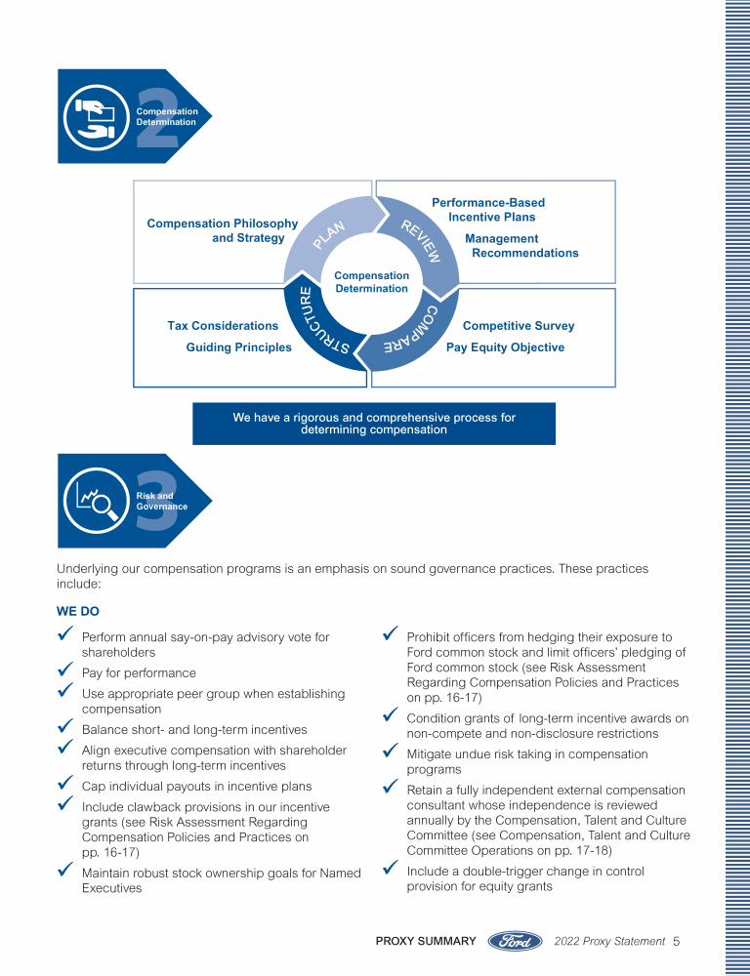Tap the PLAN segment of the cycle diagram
(329, 234)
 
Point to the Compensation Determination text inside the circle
(371, 282)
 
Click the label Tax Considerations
(223, 326)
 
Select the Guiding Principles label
(238, 347)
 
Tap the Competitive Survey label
(518, 326)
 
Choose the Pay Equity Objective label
(505, 347)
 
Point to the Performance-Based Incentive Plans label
(488, 210)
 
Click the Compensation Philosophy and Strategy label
(223, 231)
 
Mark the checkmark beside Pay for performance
(66, 671)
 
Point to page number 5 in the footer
(676, 942)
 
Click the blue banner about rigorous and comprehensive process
(374, 424)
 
